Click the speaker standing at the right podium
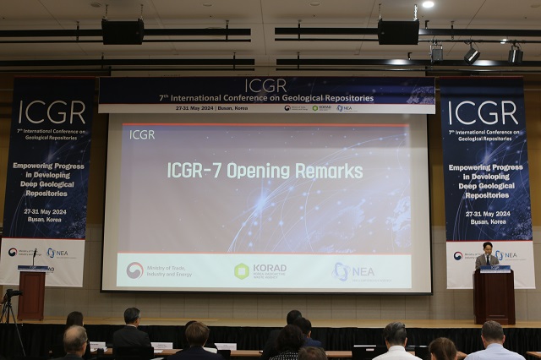[x=486, y=256]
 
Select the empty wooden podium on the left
[x=32, y=293]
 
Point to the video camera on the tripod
[x=11, y=294]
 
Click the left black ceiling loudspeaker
[x=123, y=32]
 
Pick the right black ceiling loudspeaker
[x=398, y=32]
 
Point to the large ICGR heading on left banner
[x=52, y=112]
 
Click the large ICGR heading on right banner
[x=482, y=112]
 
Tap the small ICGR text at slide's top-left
[x=142, y=134]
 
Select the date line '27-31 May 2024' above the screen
[x=194, y=108]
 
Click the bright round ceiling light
[x=428, y=4]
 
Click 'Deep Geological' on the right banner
[x=486, y=186]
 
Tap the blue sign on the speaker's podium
[x=495, y=270]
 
